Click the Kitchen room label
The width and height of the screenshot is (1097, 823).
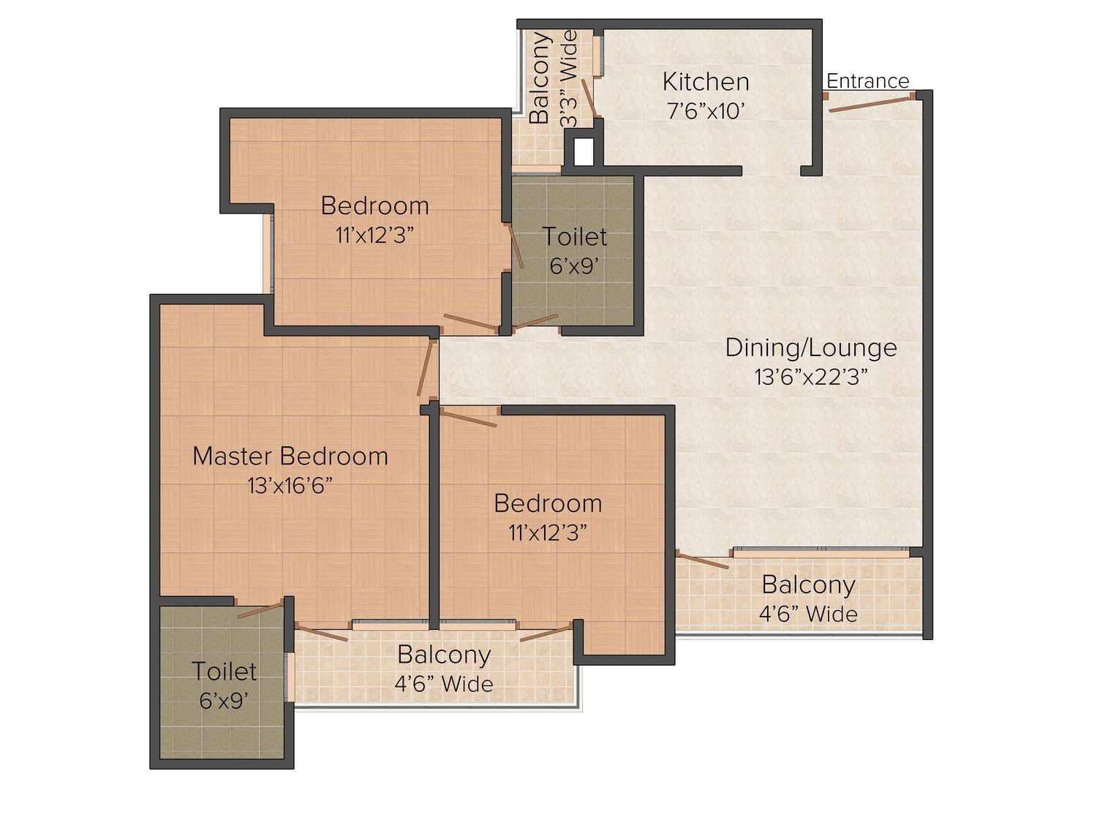click(x=705, y=81)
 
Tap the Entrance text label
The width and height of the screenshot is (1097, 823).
click(x=867, y=80)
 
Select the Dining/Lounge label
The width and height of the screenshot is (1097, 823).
click(x=810, y=347)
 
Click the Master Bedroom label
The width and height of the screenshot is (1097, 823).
click(x=290, y=456)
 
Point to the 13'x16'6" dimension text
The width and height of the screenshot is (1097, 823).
click(x=290, y=485)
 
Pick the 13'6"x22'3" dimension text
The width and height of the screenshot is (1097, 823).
click(x=810, y=377)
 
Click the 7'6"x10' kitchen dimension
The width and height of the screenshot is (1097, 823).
click(x=705, y=111)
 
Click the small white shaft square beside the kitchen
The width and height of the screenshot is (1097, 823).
click(x=583, y=151)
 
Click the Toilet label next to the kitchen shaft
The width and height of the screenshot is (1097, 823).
click(x=574, y=237)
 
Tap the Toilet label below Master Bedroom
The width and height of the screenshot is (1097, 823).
click(x=224, y=672)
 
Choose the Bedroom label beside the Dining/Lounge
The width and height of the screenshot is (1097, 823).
click(x=548, y=503)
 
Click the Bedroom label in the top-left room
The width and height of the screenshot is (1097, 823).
click(x=374, y=206)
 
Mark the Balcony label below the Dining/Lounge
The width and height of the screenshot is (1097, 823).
click(x=807, y=585)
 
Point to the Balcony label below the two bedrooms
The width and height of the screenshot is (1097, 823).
click(x=443, y=655)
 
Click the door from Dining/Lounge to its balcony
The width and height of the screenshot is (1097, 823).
click(x=703, y=561)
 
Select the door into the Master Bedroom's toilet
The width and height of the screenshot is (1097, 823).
click(x=260, y=609)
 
